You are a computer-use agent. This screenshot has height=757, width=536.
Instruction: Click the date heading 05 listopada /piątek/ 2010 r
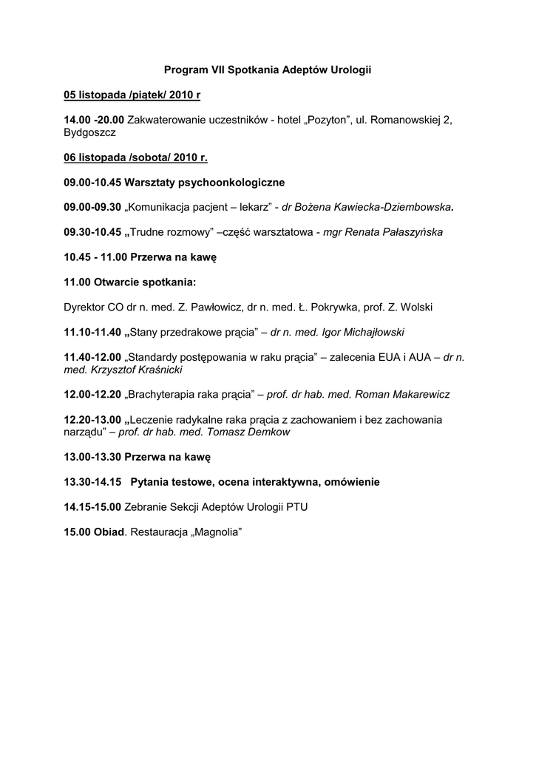(132, 95)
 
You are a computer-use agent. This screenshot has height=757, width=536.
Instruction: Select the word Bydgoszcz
(90, 132)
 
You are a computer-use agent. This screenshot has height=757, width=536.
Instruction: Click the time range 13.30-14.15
(94, 482)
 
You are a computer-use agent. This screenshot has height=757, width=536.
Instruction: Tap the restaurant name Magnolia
(218, 532)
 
